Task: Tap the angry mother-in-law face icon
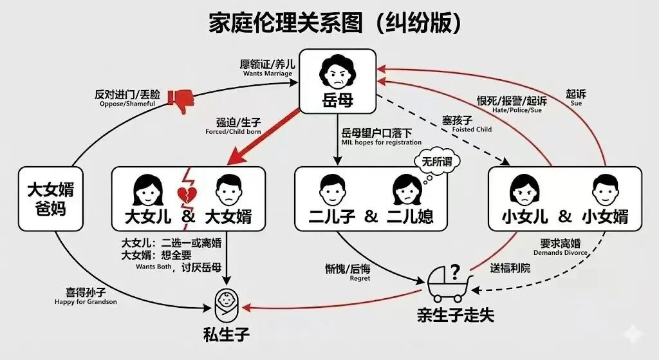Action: pos(337,73)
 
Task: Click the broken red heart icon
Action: pos(189,189)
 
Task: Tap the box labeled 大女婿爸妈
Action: pos(50,199)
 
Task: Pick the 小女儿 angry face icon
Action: pos(521,189)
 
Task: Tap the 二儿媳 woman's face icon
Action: pos(407,189)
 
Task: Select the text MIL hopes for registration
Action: pos(382,142)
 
